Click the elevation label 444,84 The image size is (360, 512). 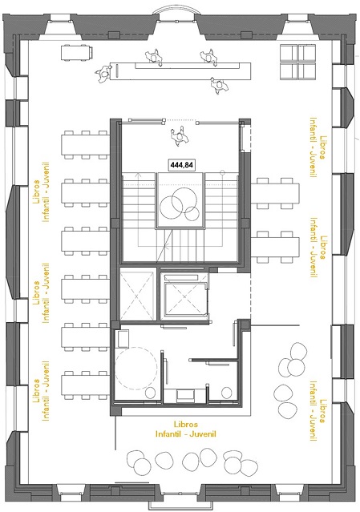click(x=181, y=164)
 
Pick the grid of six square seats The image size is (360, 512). click(x=297, y=62)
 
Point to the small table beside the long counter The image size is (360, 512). click(x=78, y=50)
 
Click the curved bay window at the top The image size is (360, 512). click(x=179, y=10)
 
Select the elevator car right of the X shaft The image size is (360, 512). click(x=184, y=297)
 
